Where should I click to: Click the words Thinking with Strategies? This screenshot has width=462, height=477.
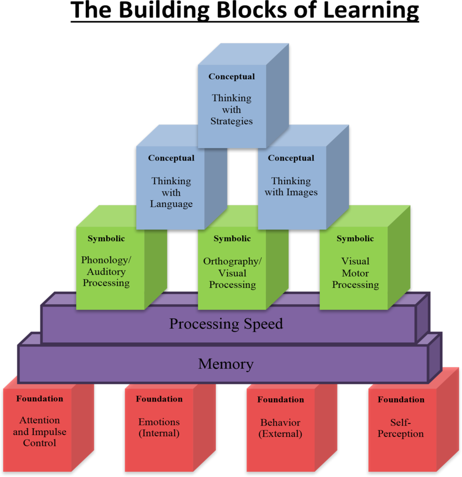[x=232, y=110]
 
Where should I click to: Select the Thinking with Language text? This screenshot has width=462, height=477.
[x=171, y=192]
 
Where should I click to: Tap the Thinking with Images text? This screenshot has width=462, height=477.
[x=291, y=187]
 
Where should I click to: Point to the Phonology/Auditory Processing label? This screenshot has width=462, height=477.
[x=106, y=272]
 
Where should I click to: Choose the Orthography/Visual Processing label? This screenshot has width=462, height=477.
[x=232, y=273]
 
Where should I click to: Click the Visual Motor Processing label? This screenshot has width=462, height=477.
[x=355, y=273]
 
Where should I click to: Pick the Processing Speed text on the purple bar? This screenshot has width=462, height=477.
[x=226, y=324]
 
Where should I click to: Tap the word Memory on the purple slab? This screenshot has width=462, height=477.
[x=226, y=364]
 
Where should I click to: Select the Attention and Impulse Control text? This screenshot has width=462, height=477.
[x=40, y=432]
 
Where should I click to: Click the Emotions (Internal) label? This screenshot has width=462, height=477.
[x=159, y=428]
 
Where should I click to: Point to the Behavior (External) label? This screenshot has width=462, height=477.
[x=281, y=429]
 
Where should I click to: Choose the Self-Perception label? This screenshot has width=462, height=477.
[x=401, y=429]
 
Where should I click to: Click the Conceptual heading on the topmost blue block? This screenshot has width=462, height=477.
[x=232, y=77]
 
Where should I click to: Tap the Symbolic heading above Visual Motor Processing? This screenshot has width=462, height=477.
[x=355, y=239]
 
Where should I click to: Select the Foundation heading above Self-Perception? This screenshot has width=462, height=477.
[x=401, y=400]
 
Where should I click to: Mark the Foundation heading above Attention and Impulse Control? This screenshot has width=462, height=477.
[x=40, y=399]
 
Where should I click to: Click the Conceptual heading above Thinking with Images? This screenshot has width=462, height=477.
[x=291, y=158]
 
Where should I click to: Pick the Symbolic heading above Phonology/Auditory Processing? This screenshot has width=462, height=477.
[x=106, y=239]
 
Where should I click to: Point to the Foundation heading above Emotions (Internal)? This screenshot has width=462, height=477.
[x=159, y=399]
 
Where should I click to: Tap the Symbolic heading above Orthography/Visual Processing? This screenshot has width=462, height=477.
[x=232, y=239]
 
